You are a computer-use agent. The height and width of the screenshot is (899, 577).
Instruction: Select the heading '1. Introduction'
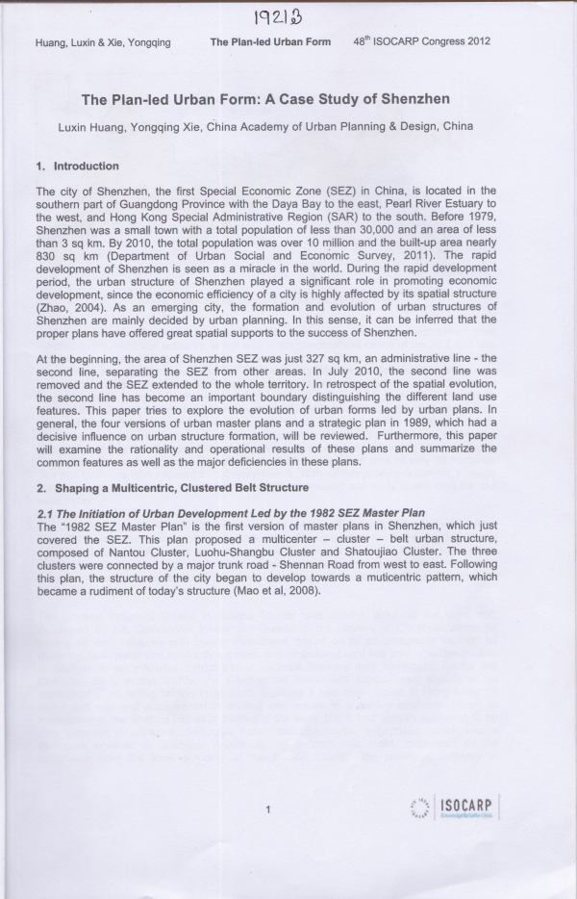click(78, 167)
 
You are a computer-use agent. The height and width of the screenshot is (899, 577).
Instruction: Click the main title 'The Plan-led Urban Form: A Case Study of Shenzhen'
click(266, 98)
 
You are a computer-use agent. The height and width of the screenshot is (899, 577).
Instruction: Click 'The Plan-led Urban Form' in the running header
click(270, 43)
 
